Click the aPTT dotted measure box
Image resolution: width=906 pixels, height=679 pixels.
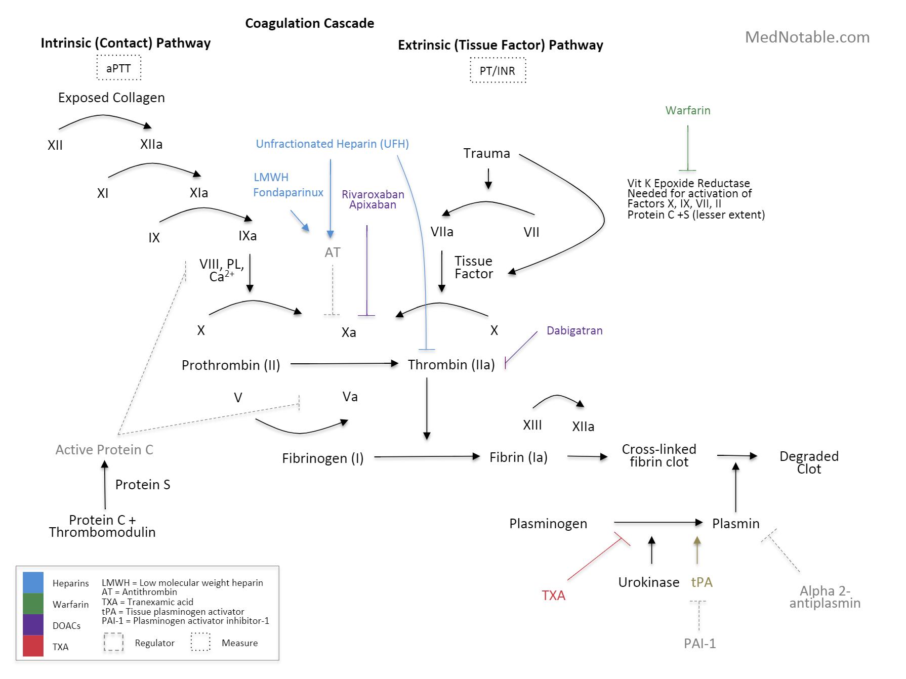pyautogui.click(x=118, y=68)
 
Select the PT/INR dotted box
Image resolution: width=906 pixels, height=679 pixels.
pyautogui.click(x=498, y=70)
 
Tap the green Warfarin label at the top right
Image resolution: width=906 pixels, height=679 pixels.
pyautogui.click(x=687, y=110)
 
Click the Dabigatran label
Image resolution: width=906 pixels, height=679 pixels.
pyautogui.click(x=574, y=330)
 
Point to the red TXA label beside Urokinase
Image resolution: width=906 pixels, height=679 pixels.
pyautogui.click(x=553, y=596)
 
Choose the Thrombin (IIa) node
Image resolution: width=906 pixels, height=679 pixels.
pyautogui.click(x=451, y=364)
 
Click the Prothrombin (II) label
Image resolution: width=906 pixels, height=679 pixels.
pyautogui.click(x=231, y=365)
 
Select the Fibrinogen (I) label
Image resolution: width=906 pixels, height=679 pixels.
pyautogui.click(x=322, y=458)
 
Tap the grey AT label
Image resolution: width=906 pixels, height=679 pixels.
pyautogui.click(x=332, y=252)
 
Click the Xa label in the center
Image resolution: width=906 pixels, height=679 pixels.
pyautogui.click(x=348, y=332)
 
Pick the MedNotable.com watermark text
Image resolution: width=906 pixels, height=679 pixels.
pyautogui.click(x=807, y=37)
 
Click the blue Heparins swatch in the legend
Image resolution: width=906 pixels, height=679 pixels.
pyautogui.click(x=33, y=582)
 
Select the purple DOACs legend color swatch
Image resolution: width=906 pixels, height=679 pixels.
pyautogui.click(x=33, y=625)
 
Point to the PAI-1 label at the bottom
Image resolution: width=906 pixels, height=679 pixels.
pyautogui.click(x=699, y=644)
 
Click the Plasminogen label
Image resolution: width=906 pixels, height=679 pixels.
pyautogui.click(x=548, y=524)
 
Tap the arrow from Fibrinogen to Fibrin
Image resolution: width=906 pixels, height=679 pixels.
pyautogui.click(x=426, y=457)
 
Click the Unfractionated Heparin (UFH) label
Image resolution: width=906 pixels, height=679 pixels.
pyautogui.click(x=332, y=144)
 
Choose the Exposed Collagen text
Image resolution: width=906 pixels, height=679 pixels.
pyautogui.click(x=111, y=98)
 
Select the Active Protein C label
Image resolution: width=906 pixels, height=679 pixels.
pyautogui.click(x=104, y=450)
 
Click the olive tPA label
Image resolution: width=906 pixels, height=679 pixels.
pyautogui.click(x=702, y=582)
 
